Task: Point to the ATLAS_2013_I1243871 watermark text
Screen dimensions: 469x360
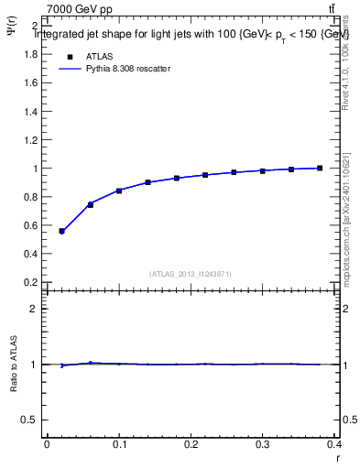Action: [x=191, y=274]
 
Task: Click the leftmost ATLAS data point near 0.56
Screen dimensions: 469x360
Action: [x=61, y=231]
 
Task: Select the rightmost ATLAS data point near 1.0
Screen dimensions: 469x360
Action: [x=320, y=168]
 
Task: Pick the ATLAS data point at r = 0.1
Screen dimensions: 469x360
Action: [x=119, y=191]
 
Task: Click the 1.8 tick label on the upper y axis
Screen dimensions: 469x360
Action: [x=30, y=54]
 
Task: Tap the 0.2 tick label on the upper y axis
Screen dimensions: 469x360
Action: [x=30, y=282]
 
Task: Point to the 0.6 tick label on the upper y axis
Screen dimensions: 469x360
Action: [x=30, y=225]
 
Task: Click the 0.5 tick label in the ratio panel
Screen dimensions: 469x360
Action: [x=30, y=420]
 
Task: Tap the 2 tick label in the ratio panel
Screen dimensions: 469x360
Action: [x=33, y=309]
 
